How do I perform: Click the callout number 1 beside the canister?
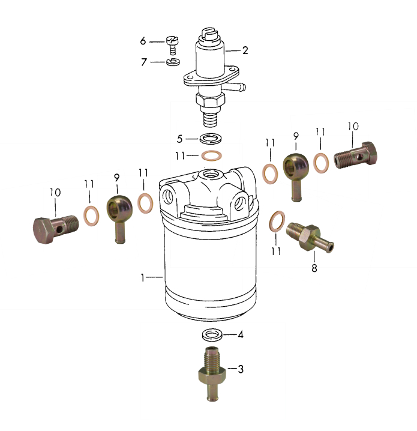pyautogui.click(x=142, y=277)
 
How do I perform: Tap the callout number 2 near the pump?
pyautogui.click(x=245, y=50)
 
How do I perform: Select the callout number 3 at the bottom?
pyautogui.click(x=241, y=369)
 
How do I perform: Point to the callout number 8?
pyautogui.click(x=314, y=268)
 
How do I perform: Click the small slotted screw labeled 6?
pyautogui.click(x=172, y=45)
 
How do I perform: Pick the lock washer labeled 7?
pyautogui.click(x=173, y=62)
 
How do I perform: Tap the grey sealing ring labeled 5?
pyautogui.click(x=211, y=138)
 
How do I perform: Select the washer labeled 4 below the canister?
pyautogui.click(x=212, y=335)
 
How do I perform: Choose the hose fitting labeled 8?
pyautogui.click(x=310, y=237)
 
